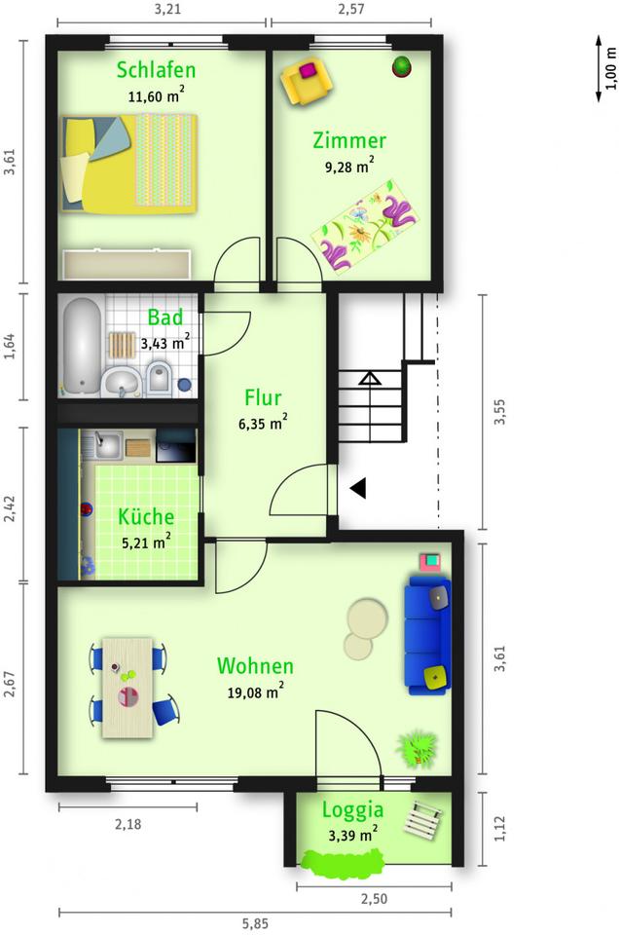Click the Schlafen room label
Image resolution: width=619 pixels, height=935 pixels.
pos(156,70)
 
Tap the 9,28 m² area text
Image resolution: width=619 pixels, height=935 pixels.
pos(349,166)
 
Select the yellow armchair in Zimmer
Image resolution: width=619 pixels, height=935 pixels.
pos(307,81)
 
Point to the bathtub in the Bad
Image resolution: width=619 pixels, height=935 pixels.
pos(82,347)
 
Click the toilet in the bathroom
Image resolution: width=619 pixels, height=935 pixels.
pos(160,378)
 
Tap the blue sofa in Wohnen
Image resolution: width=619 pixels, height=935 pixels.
pos(428,634)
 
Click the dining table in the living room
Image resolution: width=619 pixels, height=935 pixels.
pos(127,688)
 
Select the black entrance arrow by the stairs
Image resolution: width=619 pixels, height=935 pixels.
pos(357,488)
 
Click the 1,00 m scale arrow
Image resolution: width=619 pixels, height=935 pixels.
pos(599,68)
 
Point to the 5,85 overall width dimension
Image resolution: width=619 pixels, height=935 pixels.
pos(255,923)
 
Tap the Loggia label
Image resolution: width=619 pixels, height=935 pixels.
pos(352,810)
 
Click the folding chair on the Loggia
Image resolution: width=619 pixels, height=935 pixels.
pos(422,818)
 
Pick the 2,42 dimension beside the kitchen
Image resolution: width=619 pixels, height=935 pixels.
pos(10,507)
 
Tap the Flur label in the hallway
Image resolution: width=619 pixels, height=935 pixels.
pos(263,397)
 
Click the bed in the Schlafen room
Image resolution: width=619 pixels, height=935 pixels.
pos(129,164)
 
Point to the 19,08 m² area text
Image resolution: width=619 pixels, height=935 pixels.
pos(256,692)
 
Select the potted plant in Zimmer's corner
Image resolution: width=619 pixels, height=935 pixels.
pos(402,66)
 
